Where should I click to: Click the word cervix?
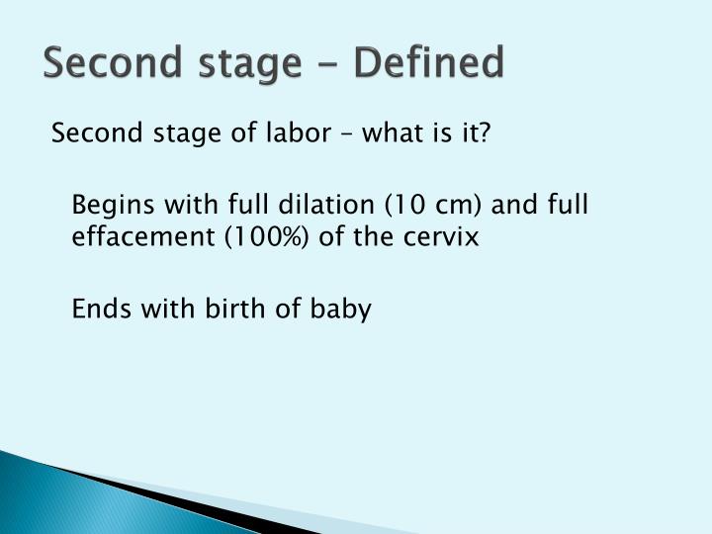coord(445,238)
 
